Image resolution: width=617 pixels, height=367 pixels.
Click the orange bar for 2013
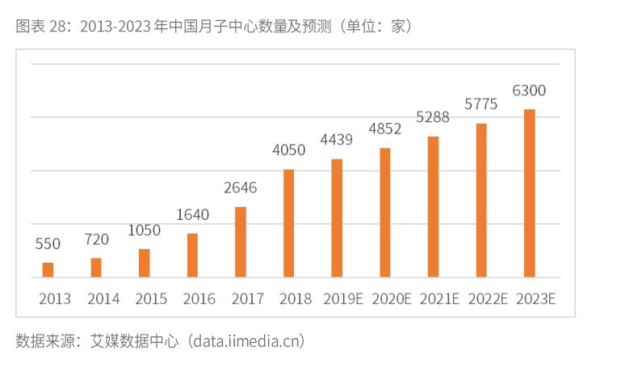(x=48, y=270)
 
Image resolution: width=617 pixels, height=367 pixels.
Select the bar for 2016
(x=192, y=255)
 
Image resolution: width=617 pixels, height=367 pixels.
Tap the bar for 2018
(x=288, y=223)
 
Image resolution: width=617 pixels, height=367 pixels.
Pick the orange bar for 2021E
(x=433, y=207)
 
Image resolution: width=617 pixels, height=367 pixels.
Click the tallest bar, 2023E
(x=529, y=193)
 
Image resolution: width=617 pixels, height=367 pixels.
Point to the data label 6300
(x=529, y=90)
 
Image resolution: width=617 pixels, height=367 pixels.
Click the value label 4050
(x=288, y=150)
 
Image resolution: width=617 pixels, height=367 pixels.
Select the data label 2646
(x=241, y=188)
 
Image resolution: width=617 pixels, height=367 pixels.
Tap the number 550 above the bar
(x=48, y=243)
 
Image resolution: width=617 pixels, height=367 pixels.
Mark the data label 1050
(x=144, y=230)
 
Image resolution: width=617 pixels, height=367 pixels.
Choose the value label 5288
(x=433, y=117)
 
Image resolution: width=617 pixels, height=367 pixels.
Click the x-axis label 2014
(x=103, y=299)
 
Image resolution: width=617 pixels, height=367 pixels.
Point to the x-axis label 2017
(x=247, y=299)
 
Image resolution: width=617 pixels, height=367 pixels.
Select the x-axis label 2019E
(x=343, y=299)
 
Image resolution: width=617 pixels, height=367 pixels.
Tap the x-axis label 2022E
(x=487, y=299)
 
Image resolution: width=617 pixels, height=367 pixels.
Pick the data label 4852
(x=384, y=129)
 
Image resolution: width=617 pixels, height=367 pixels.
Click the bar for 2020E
(x=385, y=213)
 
